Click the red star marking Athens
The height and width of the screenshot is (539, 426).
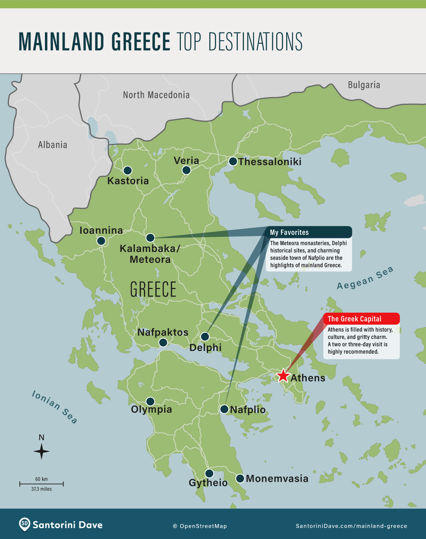pyautogui.click(x=283, y=375)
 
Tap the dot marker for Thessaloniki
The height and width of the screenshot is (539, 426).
pyautogui.click(x=233, y=161)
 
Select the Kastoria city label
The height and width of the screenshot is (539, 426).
pyautogui.click(x=128, y=181)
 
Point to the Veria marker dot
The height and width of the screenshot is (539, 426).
pyautogui.click(x=186, y=170)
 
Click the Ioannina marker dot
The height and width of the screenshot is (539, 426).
pyautogui.click(x=101, y=241)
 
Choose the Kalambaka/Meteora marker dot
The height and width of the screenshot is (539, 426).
pyautogui.click(x=150, y=238)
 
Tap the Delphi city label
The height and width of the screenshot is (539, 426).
pyautogui.click(x=205, y=347)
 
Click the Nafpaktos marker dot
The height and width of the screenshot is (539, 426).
pyautogui.click(x=163, y=342)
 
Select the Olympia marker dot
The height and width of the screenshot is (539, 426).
pyautogui.click(x=150, y=401)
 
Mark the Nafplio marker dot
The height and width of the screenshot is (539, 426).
pyautogui.click(x=224, y=409)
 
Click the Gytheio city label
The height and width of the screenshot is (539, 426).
pyautogui.click(x=208, y=483)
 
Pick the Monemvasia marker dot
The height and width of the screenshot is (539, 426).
pyautogui.click(x=240, y=479)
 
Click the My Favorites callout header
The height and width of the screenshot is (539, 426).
pyautogui.click(x=309, y=232)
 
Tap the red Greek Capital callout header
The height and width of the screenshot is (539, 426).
pyautogui.click(x=361, y=319)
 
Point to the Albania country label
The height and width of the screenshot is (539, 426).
pyautogui.click(x=53, y=145)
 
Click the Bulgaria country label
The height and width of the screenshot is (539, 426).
pyautogui.click(x=364, y=85)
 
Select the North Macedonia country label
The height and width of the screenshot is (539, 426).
pyautogui.click(x=156, y=95)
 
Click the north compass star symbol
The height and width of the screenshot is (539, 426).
pyautogui.click(x=41, y=451)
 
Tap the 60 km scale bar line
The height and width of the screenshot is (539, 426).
pyautogui.click(x=41, y=484)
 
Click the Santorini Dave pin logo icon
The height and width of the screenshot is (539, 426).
pyautogui.click(x=24, y=524)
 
